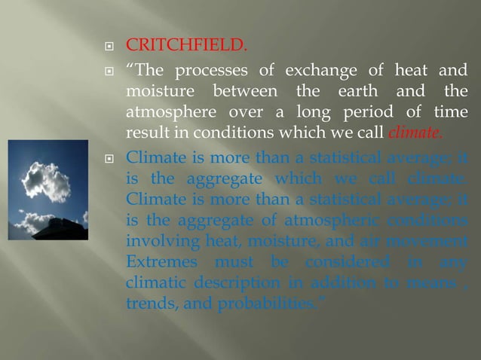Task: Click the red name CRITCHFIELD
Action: [x=185, y=49]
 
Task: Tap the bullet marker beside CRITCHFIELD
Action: [x=109, y=50]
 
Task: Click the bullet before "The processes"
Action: [x=109, y=72]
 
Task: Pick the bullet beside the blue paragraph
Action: [x=109, y=158]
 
